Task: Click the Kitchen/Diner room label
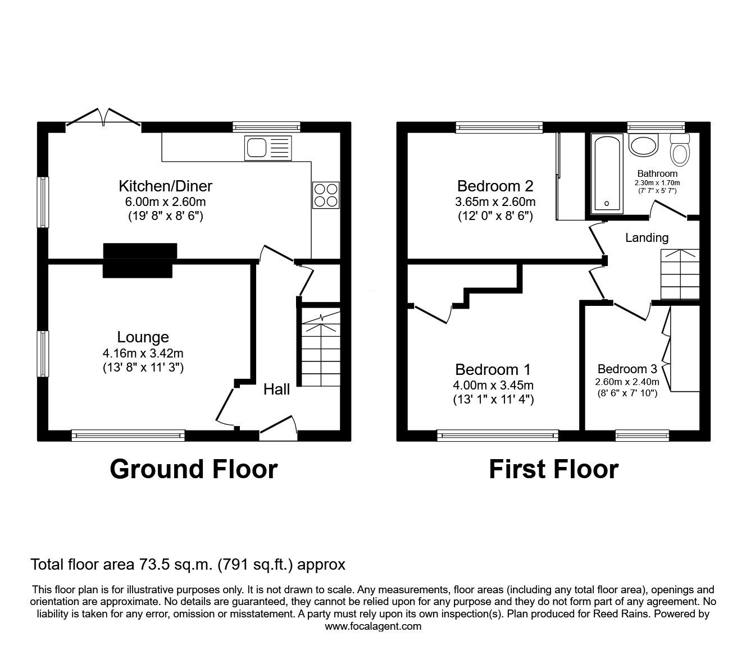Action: point(165,186)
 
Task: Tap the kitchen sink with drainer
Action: point(269,148)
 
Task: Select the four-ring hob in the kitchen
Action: point(326,195)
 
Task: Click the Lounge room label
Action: point(143,337)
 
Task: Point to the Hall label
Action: point(277,389)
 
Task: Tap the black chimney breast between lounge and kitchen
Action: point(139,260)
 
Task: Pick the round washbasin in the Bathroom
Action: point(643,145)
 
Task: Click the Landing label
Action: point(647,237)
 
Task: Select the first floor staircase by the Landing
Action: point(680,274)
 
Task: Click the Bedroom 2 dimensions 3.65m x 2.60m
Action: point(495,201)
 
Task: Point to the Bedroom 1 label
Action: point(493,369)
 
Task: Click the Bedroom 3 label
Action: point(627,369)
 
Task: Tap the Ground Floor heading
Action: point(193,469)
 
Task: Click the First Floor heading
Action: point(553,469)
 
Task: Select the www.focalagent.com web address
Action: point(373,626)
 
